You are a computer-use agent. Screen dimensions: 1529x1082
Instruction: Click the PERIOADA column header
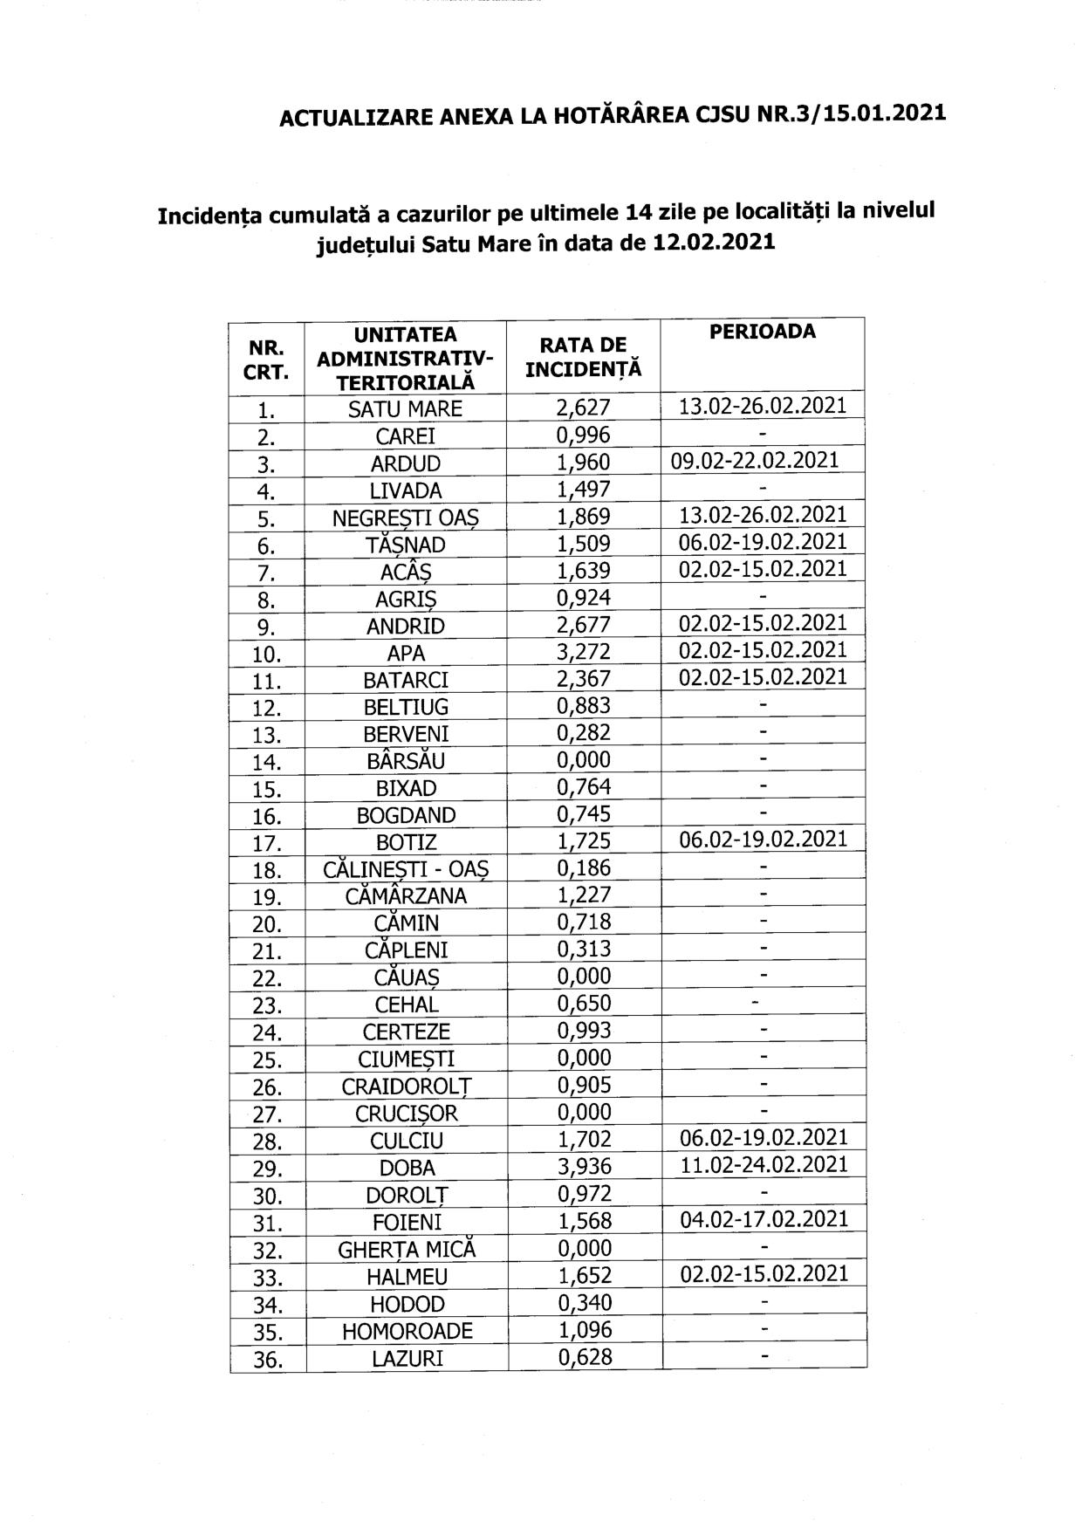[x=762, y=332]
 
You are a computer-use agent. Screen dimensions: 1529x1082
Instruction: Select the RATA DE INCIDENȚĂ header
[x=583, y=357]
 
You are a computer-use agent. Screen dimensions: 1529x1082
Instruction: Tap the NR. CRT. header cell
[x=267, y=359]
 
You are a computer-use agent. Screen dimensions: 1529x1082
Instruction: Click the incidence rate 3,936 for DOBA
[x=584, y=1166]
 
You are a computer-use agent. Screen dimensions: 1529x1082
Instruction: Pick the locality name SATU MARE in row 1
[x=405, y=408]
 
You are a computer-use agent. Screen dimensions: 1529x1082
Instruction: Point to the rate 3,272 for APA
[x=584, y=652]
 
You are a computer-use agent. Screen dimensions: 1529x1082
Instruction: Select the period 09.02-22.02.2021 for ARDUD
[x=755, y=461]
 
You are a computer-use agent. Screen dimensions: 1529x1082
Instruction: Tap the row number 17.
[x=267, y=843]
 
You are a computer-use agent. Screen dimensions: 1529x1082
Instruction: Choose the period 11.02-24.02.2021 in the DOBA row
[x=764, y=1164]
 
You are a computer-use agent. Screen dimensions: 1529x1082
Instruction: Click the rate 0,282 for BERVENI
[x=584, y=733]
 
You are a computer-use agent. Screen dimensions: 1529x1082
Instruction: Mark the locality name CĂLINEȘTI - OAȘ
[x=406, y=869]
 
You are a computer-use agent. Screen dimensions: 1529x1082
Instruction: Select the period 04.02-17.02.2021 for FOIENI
[x=764, y=1218]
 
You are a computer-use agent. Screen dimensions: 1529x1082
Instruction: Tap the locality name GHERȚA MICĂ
[x=407, y=1249]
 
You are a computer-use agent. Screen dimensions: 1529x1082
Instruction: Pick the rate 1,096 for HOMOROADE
[x=584, y=1329]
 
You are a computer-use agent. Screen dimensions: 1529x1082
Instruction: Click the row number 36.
[x=267, y=1360]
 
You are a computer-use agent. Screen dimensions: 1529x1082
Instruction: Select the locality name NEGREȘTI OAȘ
[x=406, y=518]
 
